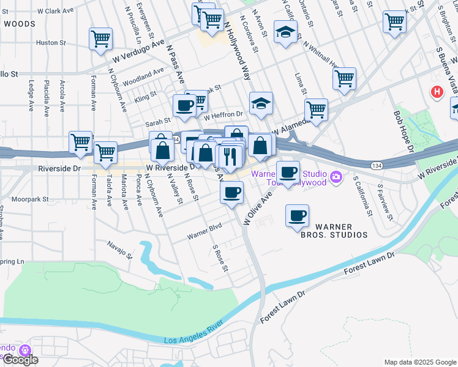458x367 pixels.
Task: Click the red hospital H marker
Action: (x=437, y=92)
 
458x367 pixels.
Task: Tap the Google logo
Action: (x=20, y=360)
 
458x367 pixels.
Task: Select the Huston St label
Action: (x=51, y=43)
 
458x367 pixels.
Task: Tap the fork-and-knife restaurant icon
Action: (x=230, y=156)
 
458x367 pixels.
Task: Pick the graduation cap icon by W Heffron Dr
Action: (x=260, y=103)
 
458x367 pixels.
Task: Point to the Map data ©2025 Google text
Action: (x=420, y=362)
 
